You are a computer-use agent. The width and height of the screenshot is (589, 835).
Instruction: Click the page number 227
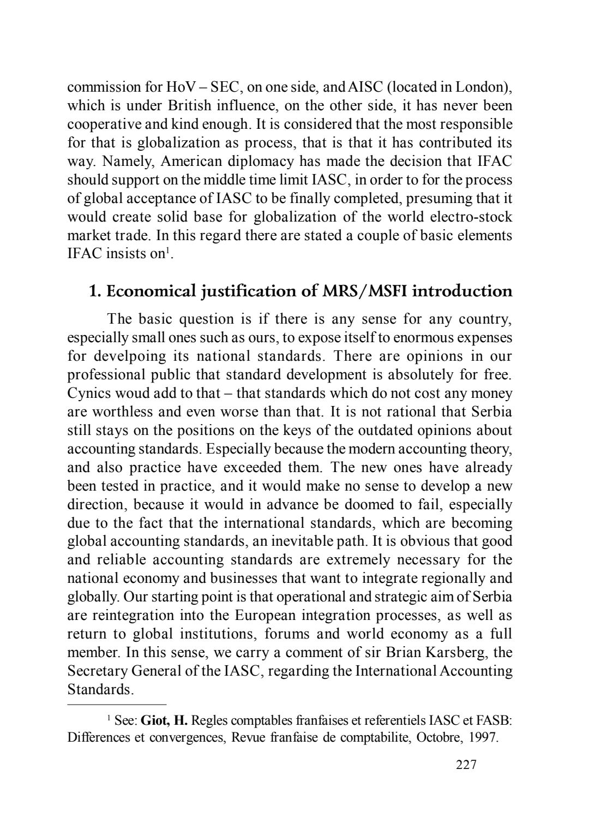466,765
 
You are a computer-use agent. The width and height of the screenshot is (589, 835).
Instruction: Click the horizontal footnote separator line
117,705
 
